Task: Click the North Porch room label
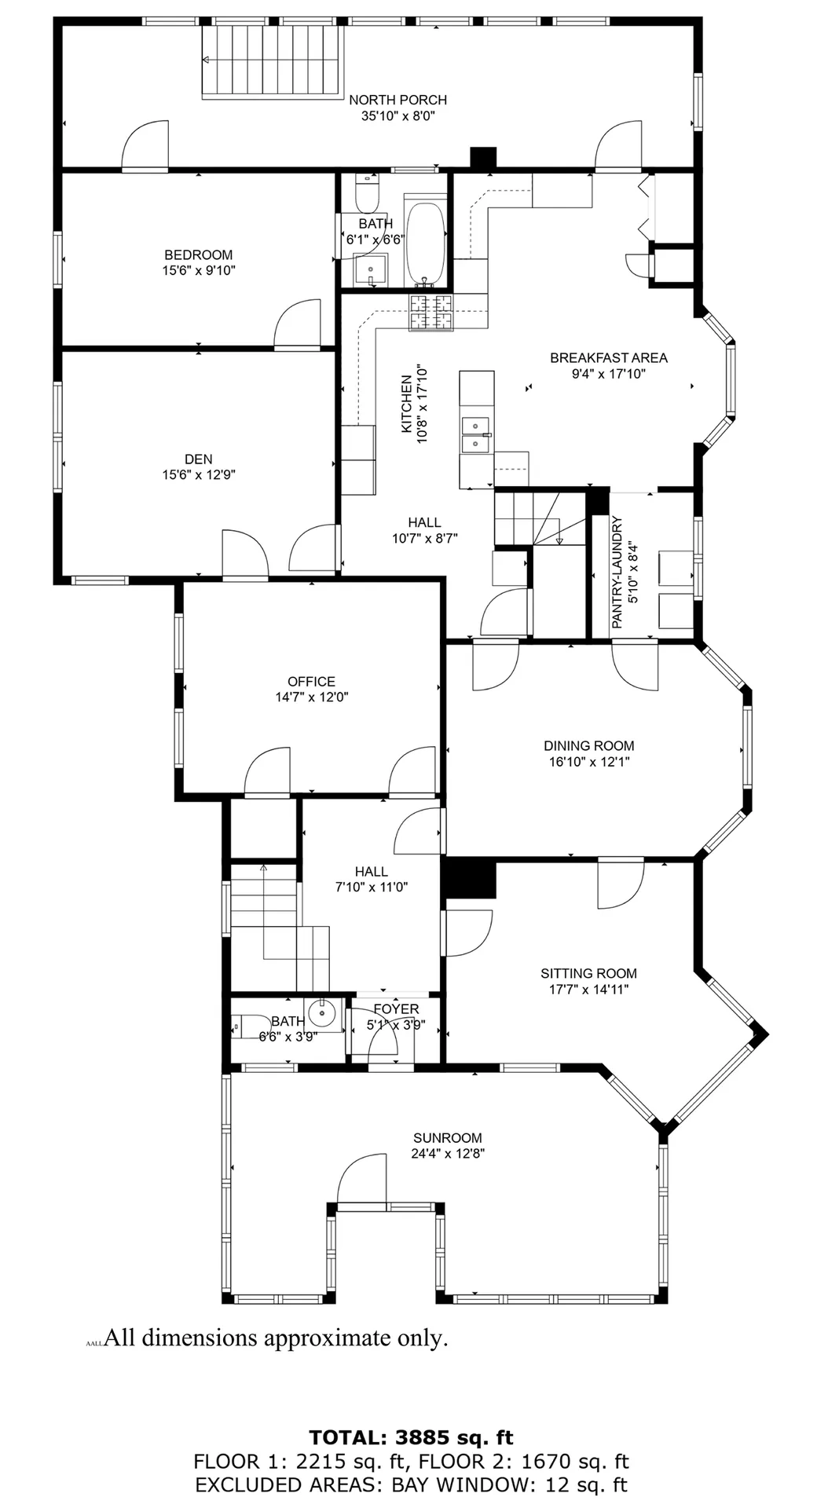click(x=398, y=100)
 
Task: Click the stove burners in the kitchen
click(x=431, y=312)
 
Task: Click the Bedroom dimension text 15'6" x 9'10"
click(x=198, y=271)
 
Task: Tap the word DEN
click(x=198, y=459)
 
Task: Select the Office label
click(x=311, y=682)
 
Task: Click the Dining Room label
click(x=588, y=746)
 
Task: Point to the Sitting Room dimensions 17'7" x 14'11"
click(x=588, y=990)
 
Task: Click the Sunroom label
click(x=448, y=1138)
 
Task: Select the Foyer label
click(x=396, y=1009)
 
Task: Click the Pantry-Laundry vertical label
click(x=617, y=572)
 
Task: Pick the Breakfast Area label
click(x=609, y=358)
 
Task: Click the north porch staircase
click(x=273, y=60)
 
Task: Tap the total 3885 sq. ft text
click(x=411, y=1438)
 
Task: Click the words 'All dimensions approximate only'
click(x=276, y=1338)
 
